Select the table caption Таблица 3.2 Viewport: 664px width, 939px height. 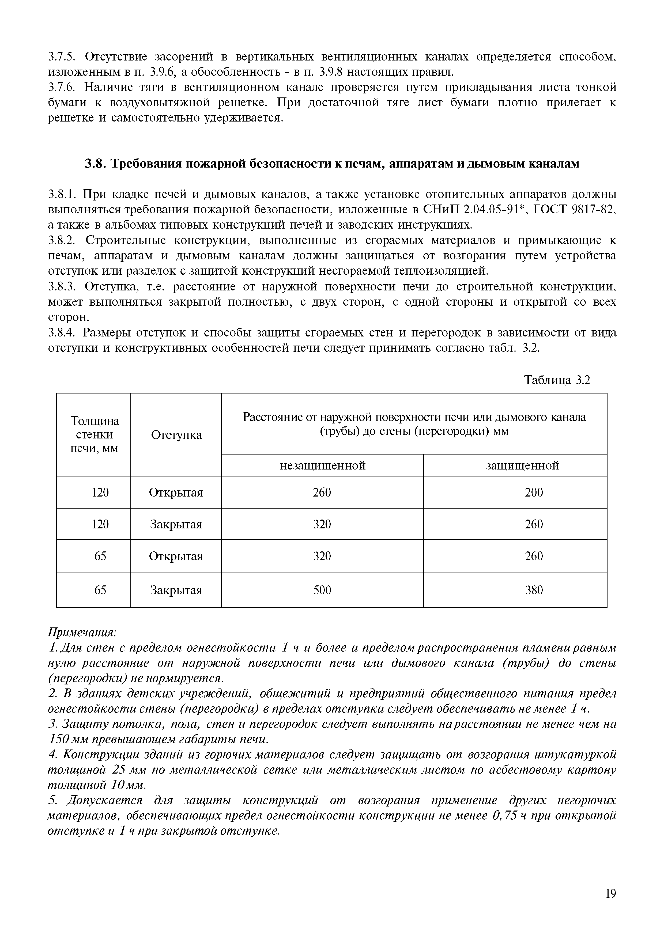coord(557,380)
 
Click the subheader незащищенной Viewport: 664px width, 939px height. coord(322,465)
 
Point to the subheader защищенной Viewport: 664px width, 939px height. coord(522,465)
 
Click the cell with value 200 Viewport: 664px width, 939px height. coord(534,492)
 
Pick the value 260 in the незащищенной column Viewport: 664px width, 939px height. coord(322,492)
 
